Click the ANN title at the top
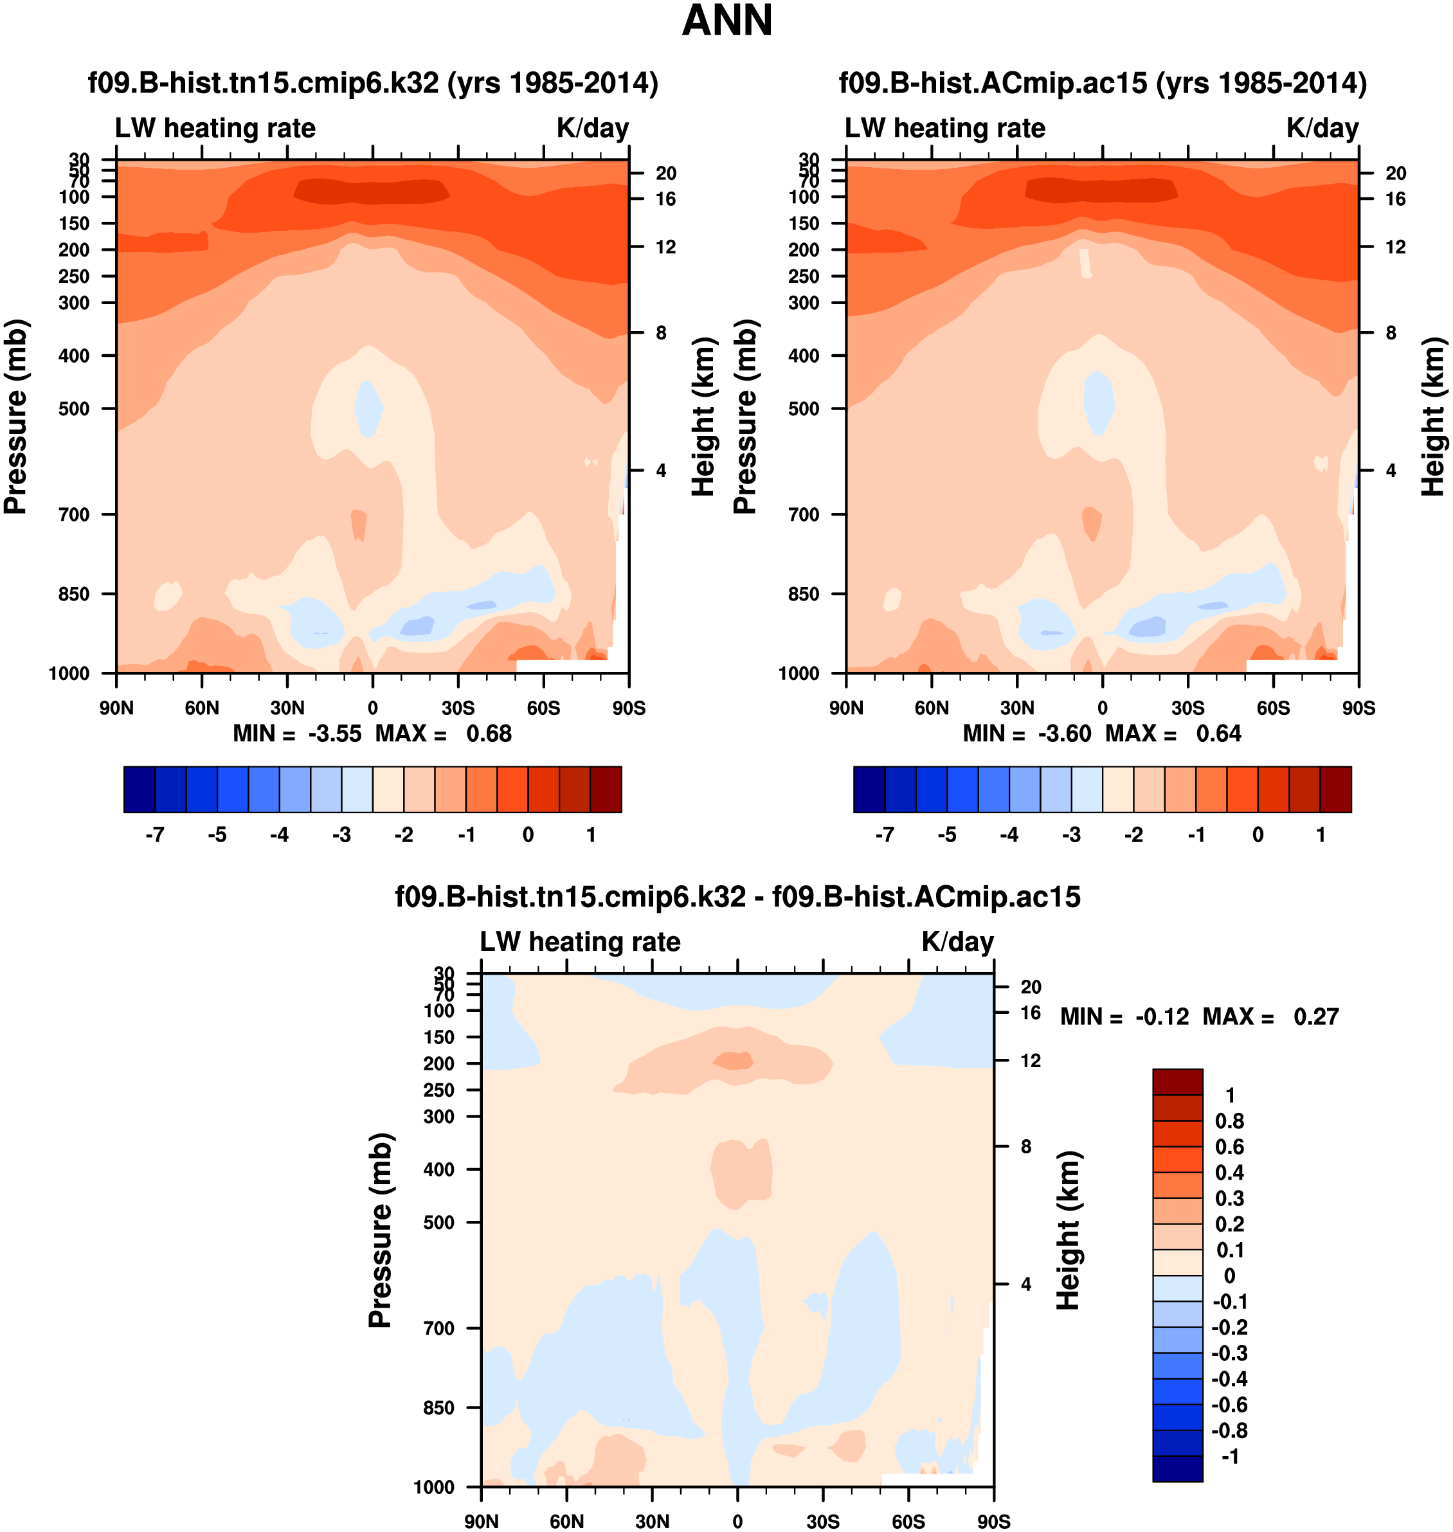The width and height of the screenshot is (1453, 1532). (726, 21)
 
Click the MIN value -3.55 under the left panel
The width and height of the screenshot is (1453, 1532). (334, 734)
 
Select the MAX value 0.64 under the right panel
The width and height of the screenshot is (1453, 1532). (1218, 734)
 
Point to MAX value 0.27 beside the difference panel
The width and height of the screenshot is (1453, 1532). (1316, 1016)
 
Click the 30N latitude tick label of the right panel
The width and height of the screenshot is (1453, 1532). (1017, 708)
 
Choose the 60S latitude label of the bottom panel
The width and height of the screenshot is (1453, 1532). (908, 1521)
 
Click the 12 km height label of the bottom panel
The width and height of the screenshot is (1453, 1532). (1030, 1060)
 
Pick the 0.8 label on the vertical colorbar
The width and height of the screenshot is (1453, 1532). (1229, 1121)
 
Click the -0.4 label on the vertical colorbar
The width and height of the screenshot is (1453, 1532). (1229, 1378)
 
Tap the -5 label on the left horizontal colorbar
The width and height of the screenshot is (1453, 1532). (217, 835)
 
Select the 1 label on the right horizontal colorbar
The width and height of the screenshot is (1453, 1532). (1321, 835)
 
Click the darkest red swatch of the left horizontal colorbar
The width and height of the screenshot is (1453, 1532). (606, 789)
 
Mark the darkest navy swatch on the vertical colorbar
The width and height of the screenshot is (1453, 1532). (1177, 1468)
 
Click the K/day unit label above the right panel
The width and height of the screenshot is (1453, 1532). (1322, 128)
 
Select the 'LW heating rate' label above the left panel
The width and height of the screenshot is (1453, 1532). (215, 128)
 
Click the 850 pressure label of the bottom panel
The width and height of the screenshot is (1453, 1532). (438, 1407)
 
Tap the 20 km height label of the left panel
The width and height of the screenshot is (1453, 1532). (666, 174)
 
